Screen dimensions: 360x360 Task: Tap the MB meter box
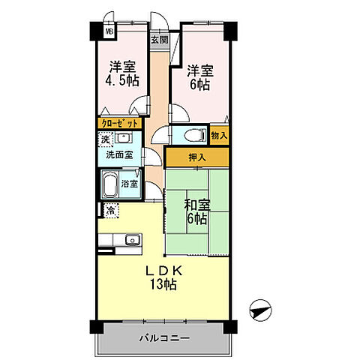point(109,32)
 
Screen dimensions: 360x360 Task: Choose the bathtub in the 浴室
point(110,184)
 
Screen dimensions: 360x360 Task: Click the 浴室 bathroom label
point(130,184)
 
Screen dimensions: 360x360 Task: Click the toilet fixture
point(192,136)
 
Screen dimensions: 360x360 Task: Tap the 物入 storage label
point(218,136)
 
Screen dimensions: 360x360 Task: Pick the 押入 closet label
point(196,157)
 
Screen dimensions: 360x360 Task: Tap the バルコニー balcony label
point(163,339)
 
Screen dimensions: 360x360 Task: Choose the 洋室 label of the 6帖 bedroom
point(199,71)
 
